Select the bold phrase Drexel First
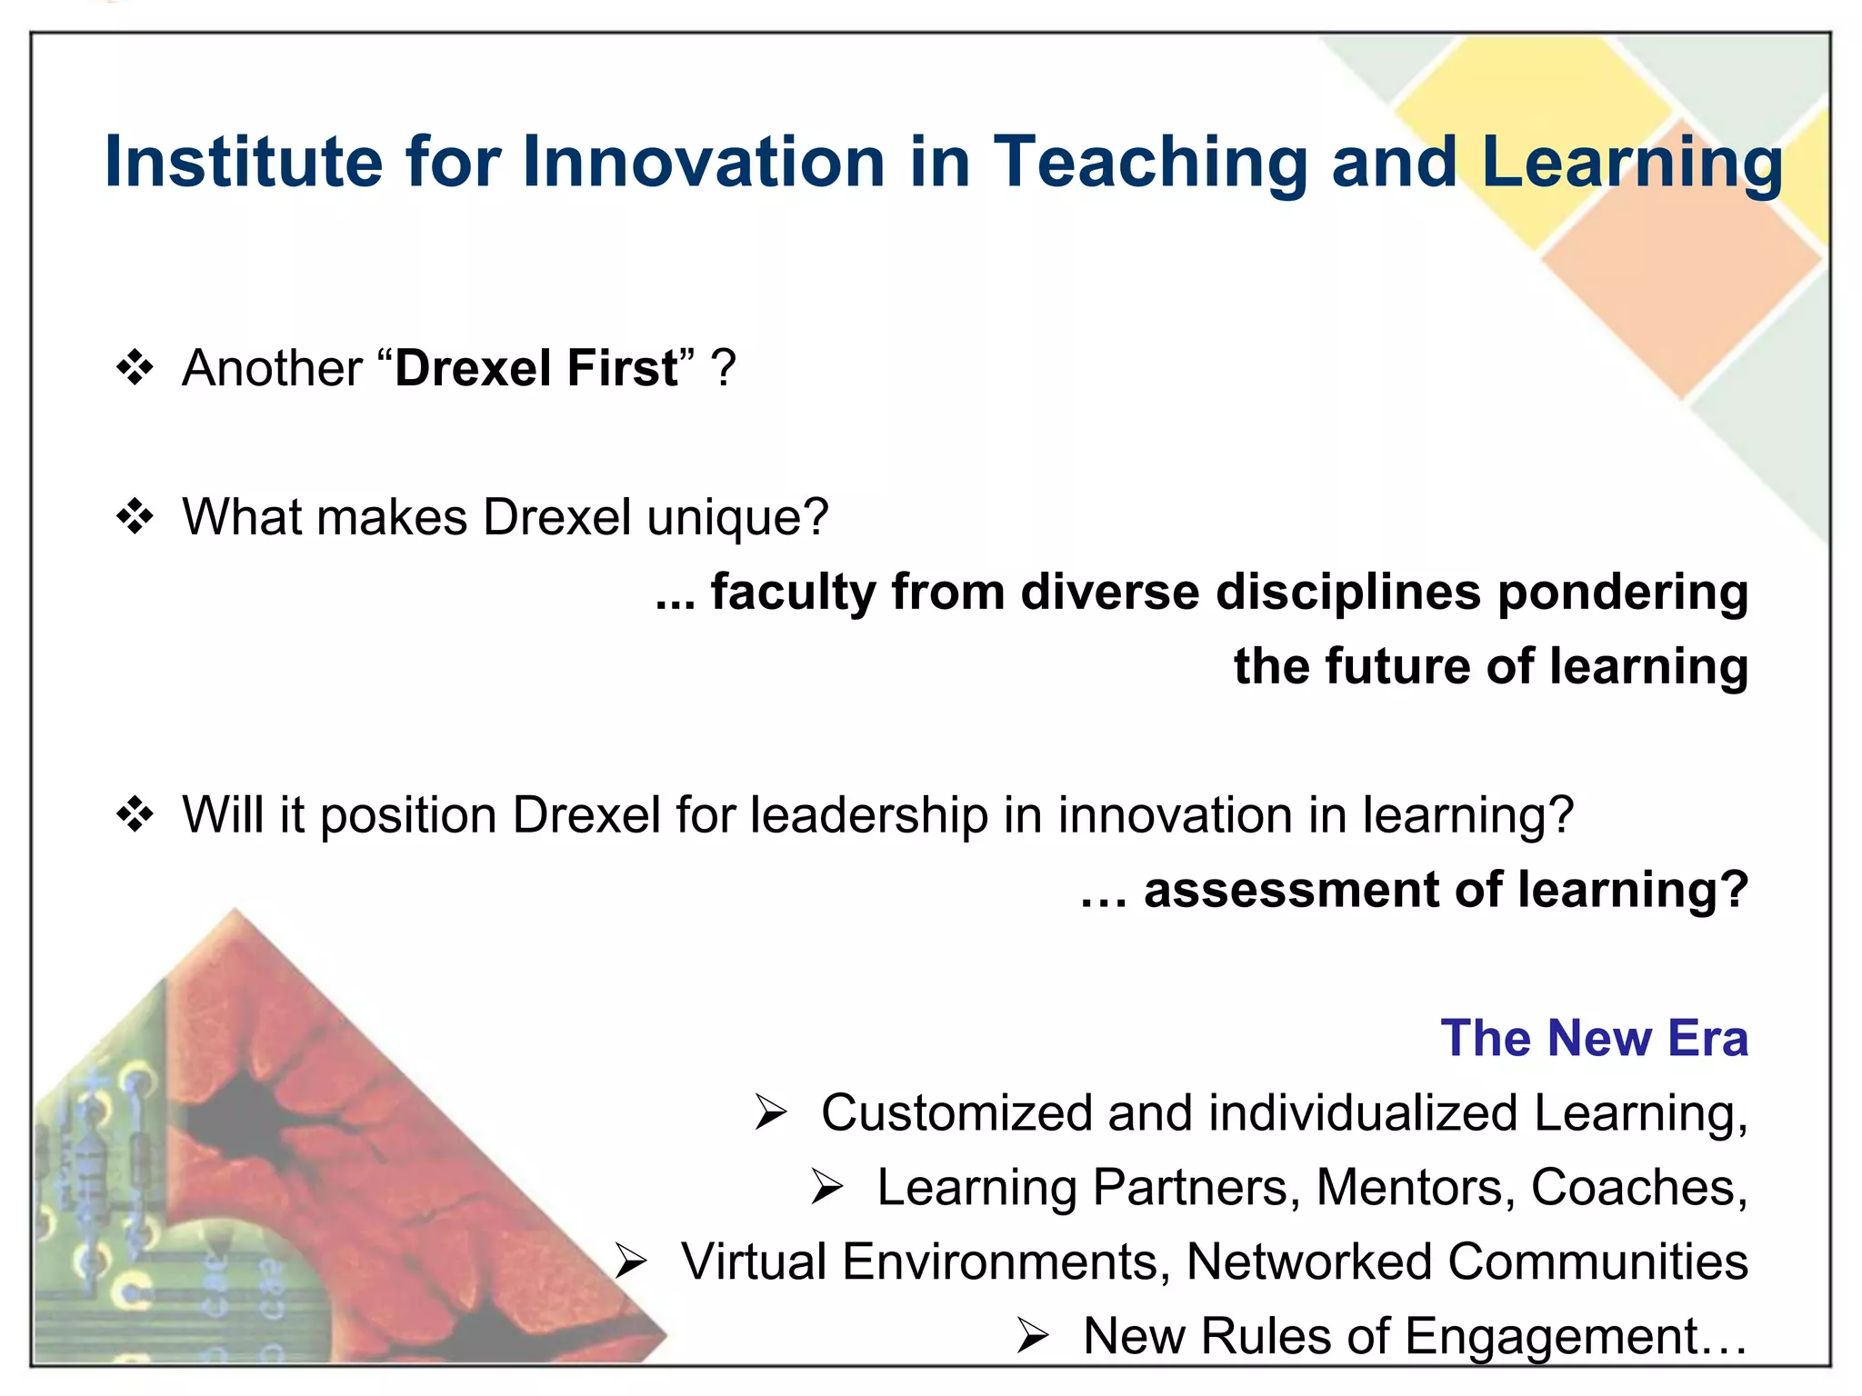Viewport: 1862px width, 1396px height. [x=536, y=369]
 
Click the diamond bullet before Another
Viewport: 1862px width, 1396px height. [x=135, y=368]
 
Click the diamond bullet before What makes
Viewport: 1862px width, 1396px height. [x=135, y=517]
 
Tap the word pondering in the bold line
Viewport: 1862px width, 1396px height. [x=1622, y=593]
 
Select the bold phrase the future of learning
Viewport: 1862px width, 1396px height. [x=1490, y=666]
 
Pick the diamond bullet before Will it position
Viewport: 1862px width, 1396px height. [x=135, y=814]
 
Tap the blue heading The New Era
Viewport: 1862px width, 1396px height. [x=1594, y=1038]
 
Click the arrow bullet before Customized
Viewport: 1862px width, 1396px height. [x=771, y=1112]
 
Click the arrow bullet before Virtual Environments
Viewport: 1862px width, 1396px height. [x=630, y=1261]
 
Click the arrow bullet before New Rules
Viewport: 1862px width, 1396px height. [x=1033, y=1336]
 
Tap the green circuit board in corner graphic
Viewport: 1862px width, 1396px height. [x=100, y=1182]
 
